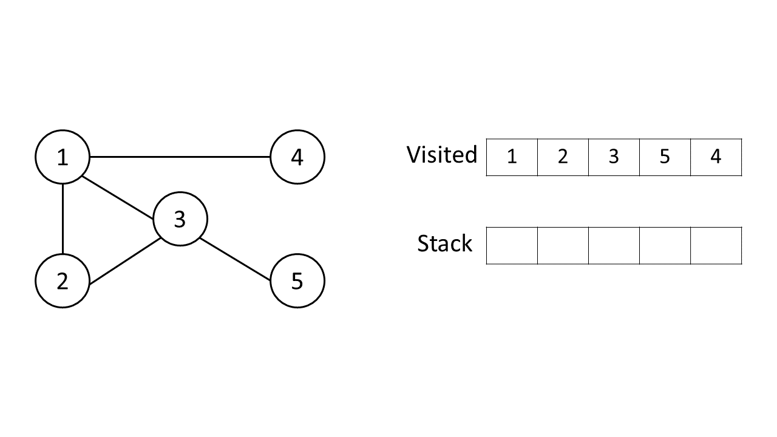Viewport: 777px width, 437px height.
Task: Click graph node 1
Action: point(63,157)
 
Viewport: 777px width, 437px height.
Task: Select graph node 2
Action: point(63,281)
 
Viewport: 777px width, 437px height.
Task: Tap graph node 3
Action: point(180,219)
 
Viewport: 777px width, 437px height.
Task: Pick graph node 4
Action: point(297,157)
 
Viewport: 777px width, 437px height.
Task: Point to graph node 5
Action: point(297,281)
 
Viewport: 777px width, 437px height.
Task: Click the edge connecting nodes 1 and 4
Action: point(180,157)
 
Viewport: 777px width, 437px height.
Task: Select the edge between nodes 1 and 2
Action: point(63,219)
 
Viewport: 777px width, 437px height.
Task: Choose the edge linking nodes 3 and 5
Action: point(236,260)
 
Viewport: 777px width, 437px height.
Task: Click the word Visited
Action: point(442,155)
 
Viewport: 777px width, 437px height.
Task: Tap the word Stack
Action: point(444,243)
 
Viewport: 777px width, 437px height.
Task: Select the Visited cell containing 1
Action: point(512,157)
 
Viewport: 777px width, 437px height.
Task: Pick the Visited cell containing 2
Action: point(563,157)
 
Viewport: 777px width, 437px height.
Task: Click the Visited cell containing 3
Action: point(614,157)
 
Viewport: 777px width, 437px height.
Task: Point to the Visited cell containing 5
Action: point(665,157)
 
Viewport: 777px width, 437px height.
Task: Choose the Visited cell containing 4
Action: point(716,157)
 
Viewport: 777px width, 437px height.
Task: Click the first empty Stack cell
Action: point(512,246)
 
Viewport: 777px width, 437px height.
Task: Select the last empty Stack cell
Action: point(716,246)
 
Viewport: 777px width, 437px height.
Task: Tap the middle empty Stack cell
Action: point(614,246)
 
